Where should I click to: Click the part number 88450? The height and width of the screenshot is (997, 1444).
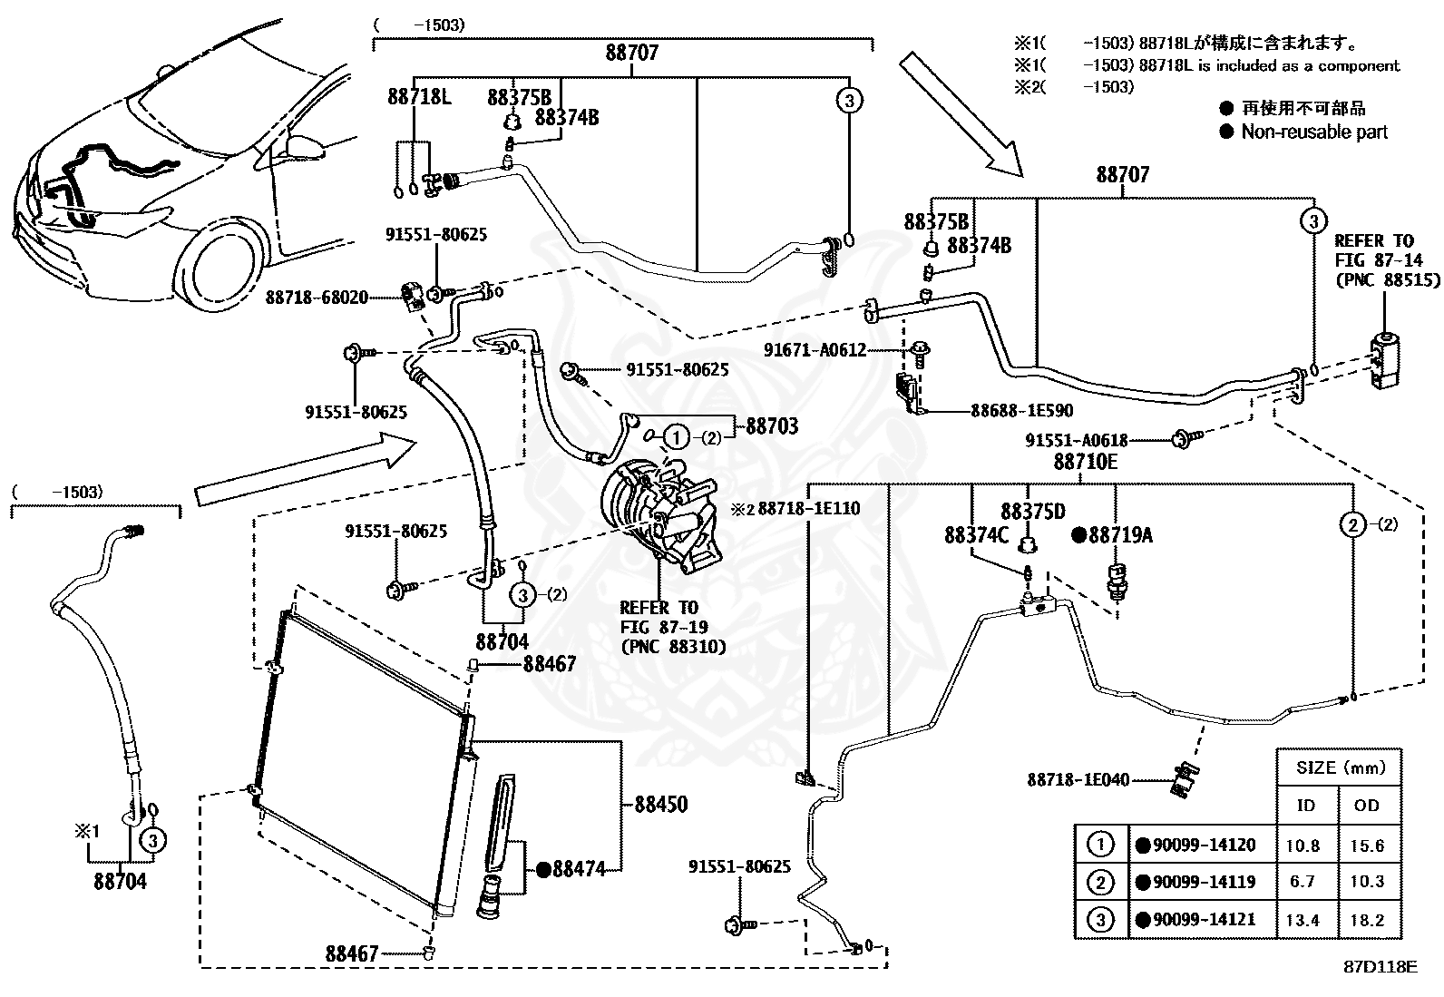tap(661, 804)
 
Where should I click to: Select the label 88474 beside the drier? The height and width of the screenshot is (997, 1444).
tap(579, 869)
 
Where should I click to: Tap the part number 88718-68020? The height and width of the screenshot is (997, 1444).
tap(317, 298)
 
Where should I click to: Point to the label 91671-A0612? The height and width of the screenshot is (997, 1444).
tap(815, 349)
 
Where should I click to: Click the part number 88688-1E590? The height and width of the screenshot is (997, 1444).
tap(1021, 410)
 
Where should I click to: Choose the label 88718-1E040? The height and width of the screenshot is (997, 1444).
tap(1078, 779)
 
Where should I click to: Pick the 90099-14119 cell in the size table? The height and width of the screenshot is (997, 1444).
tap(1204, 882)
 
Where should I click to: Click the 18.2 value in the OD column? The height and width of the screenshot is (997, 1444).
tap(1367, 920)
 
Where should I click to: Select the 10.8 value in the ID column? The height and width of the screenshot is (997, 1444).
tap(1303, 845)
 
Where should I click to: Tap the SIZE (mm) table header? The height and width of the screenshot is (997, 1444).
tap(1341, 767)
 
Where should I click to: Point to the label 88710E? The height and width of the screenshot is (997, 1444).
tap(1086, 462)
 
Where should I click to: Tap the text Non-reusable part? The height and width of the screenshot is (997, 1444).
tap(1313, 132)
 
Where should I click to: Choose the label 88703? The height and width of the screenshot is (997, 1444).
tap(772, 425)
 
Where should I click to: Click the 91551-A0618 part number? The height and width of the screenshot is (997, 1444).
tap(1077, 440)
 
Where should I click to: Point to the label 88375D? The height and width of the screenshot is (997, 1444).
tap(1033, 512)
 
